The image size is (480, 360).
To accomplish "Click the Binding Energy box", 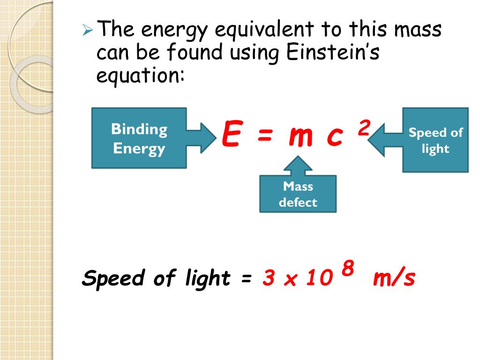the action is coord(139,138).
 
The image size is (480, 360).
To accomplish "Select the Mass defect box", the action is coord(298,194).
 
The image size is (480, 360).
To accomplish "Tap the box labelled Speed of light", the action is coord(435,140).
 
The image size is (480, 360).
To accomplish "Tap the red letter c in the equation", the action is coord(335,136).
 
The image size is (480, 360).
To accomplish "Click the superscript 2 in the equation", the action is coord(364,127).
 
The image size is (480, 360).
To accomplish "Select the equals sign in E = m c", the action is coord(264,136).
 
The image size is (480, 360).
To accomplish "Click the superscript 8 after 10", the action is coord(347,269).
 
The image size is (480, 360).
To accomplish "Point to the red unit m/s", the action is coord(394,278).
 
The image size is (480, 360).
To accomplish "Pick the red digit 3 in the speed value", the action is coord(268,279).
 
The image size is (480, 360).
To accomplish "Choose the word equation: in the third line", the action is coord(140,75).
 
